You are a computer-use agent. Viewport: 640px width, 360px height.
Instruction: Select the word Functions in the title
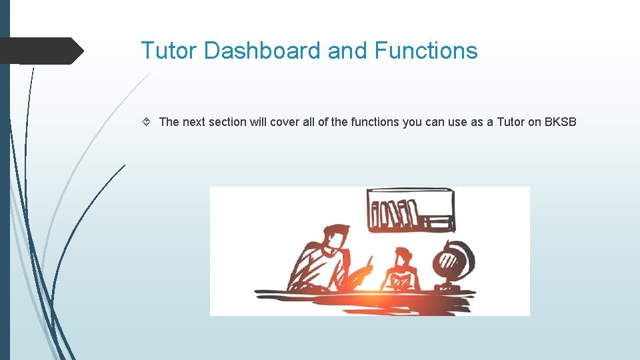tap(426, 51)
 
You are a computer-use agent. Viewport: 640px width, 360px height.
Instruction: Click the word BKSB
tap(561, 122)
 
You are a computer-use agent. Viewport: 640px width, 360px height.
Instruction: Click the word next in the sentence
tap(193, 122)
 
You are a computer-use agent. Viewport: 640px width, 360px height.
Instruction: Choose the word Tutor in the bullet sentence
tap(511, 122)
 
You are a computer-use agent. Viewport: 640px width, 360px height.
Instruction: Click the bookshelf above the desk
tap(410, 210)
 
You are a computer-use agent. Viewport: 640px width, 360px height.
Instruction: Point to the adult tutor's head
tap(336, 239)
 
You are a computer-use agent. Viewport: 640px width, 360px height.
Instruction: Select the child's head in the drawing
tap(402, 257)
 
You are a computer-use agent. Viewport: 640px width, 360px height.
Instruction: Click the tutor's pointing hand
tap(365, 269)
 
